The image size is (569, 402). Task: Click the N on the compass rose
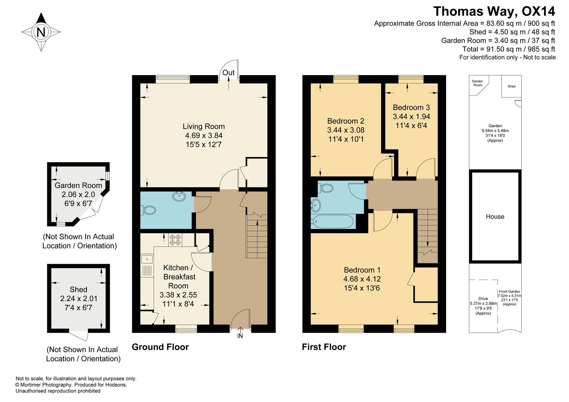(x=41, y=32)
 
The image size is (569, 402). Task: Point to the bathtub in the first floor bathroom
(x=332, y=222)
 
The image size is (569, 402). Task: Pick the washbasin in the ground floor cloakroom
(x=179, y=196)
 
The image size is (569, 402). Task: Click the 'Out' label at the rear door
(x=228, y=73)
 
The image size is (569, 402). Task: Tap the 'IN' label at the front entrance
(x=240, y=336)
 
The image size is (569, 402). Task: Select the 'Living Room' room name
(x=204, y=126)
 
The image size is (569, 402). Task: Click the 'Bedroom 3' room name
(x=411, y=107)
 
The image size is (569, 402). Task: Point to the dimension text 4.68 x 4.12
(x=362, y=279)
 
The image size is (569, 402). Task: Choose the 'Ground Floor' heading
(x=160, y=347)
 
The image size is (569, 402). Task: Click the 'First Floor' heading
(x=324, y=347)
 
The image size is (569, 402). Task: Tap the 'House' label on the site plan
(x=495, y=216)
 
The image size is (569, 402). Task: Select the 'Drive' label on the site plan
(x=483, y=299)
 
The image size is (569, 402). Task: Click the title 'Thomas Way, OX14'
(x=494, y=12)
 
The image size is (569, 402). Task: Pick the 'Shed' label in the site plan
(x=512, y=86)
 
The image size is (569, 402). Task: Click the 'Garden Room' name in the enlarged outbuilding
(x=78, y=186)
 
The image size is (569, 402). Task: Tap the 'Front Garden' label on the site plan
(x=509, y=291)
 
